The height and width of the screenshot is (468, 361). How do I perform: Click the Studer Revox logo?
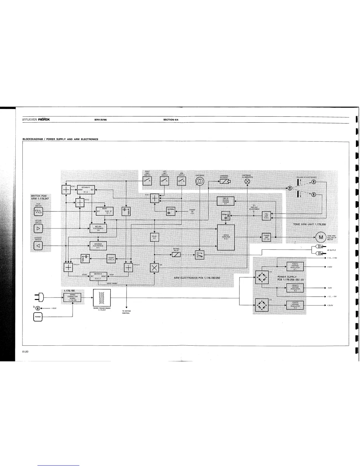tap(36, 120)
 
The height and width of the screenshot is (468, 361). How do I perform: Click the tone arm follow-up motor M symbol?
tap(320, 237)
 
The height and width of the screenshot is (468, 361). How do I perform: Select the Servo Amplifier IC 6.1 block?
tap(226, 237)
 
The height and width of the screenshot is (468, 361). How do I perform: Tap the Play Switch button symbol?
tap(39, 211)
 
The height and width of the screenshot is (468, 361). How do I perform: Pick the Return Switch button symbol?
tap(39, 228)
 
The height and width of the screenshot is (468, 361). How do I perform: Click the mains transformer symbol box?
tap(102, 298)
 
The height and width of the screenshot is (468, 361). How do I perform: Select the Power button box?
tap(38, 317)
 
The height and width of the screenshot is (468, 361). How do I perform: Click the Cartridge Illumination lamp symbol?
tap(247, 181)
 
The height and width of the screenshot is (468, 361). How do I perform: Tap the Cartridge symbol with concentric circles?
tap(200, 181)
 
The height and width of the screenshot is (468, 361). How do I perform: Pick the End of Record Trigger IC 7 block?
tap(226, 201)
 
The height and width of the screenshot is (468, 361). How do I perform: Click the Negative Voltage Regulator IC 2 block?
tap(295, 287)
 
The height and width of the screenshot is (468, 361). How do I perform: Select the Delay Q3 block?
tap(155, 237)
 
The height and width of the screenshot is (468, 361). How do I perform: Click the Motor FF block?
tap(98, 276)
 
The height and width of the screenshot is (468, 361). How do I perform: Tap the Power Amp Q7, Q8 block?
tap(266, 237)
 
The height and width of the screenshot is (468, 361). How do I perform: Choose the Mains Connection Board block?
tap(73, 298)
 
